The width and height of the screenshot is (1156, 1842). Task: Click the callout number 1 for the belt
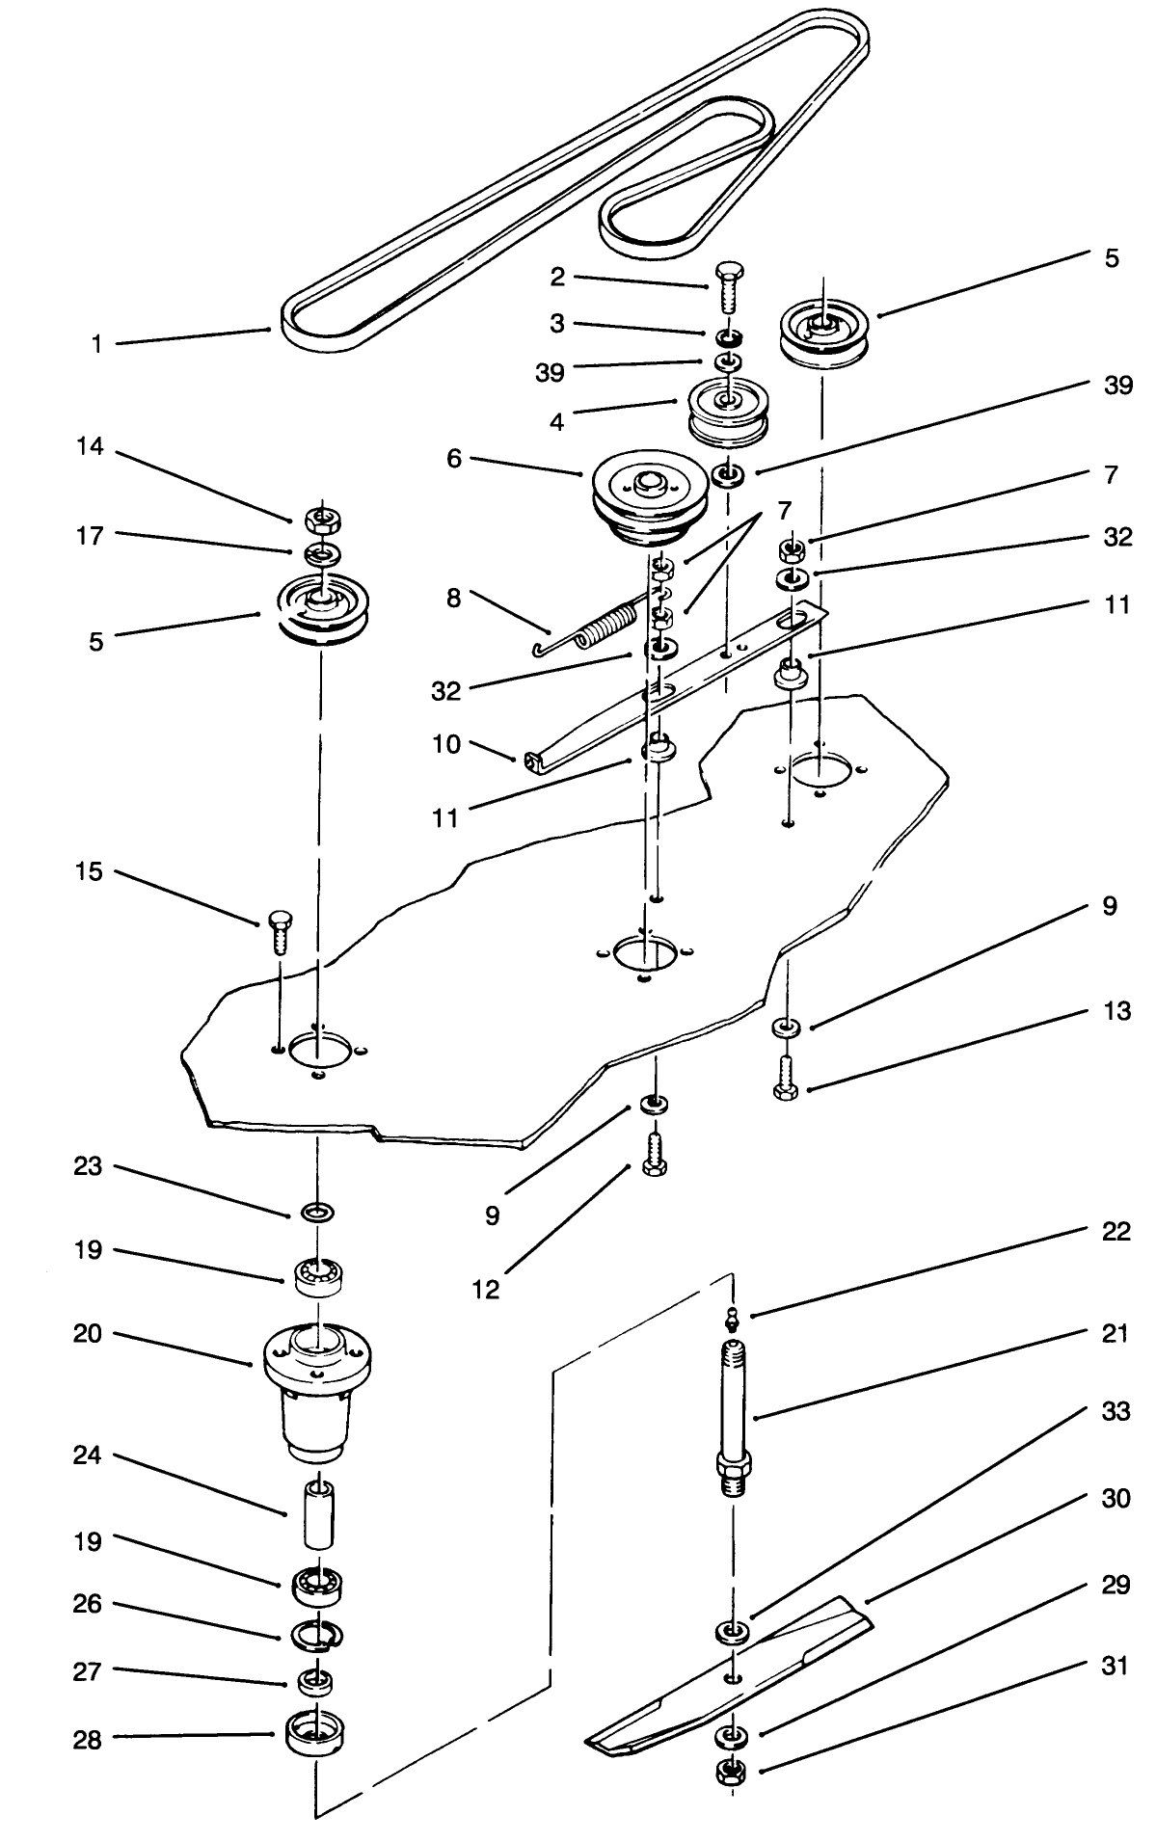click(96, 344)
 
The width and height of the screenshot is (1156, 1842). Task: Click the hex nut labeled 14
click(318, 521)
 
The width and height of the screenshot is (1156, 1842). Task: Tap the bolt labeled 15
click(280, 930)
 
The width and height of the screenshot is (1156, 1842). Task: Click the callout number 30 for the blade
click(1116, 1498)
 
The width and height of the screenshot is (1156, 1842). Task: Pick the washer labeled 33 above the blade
click(732, 1632)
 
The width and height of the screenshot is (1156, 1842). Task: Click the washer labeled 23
click(317, 1211)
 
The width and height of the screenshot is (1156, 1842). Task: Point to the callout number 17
click(90, 536)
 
